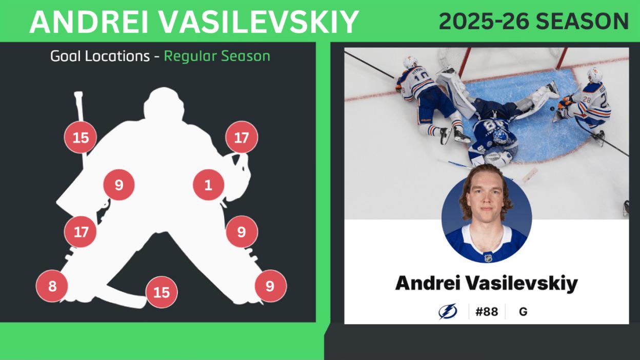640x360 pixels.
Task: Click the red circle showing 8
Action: tap(52, 286)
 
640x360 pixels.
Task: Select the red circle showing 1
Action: tap(208, 185)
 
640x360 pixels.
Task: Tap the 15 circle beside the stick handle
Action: tap(81, 137)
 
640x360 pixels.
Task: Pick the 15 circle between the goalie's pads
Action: tap(162, 292)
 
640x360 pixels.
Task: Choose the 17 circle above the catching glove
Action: tap(242, 137)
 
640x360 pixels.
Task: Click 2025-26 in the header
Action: tap(484, 22)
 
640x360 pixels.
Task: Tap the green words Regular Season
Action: tap(217, 56)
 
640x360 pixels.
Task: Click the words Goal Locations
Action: tap(100, 56)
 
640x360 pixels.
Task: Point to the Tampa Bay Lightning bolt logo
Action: tap(447, 311)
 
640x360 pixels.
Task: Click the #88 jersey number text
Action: tap(487, 311)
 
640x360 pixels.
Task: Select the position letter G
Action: tap(523, 311)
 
